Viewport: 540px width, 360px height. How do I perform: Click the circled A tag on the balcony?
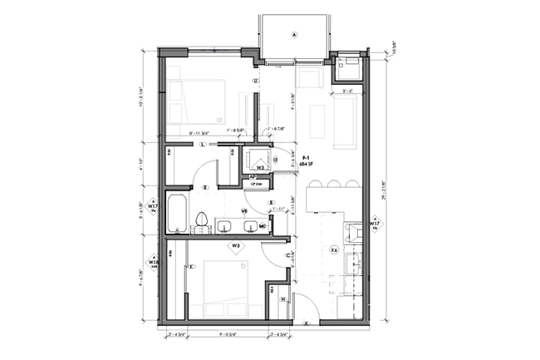coord(294,35)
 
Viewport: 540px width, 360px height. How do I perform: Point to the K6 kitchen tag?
coord(334,249)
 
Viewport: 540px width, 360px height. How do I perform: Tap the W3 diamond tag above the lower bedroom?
coord(236,246)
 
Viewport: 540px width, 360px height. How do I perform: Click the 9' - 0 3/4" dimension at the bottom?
coord(228,334)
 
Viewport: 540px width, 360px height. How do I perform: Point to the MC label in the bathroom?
coord(262,225)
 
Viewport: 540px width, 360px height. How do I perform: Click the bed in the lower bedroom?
coord(217,287)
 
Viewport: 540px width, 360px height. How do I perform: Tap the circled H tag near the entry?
coord(283,300)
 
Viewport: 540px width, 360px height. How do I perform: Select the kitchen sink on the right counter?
coord(352,264)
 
